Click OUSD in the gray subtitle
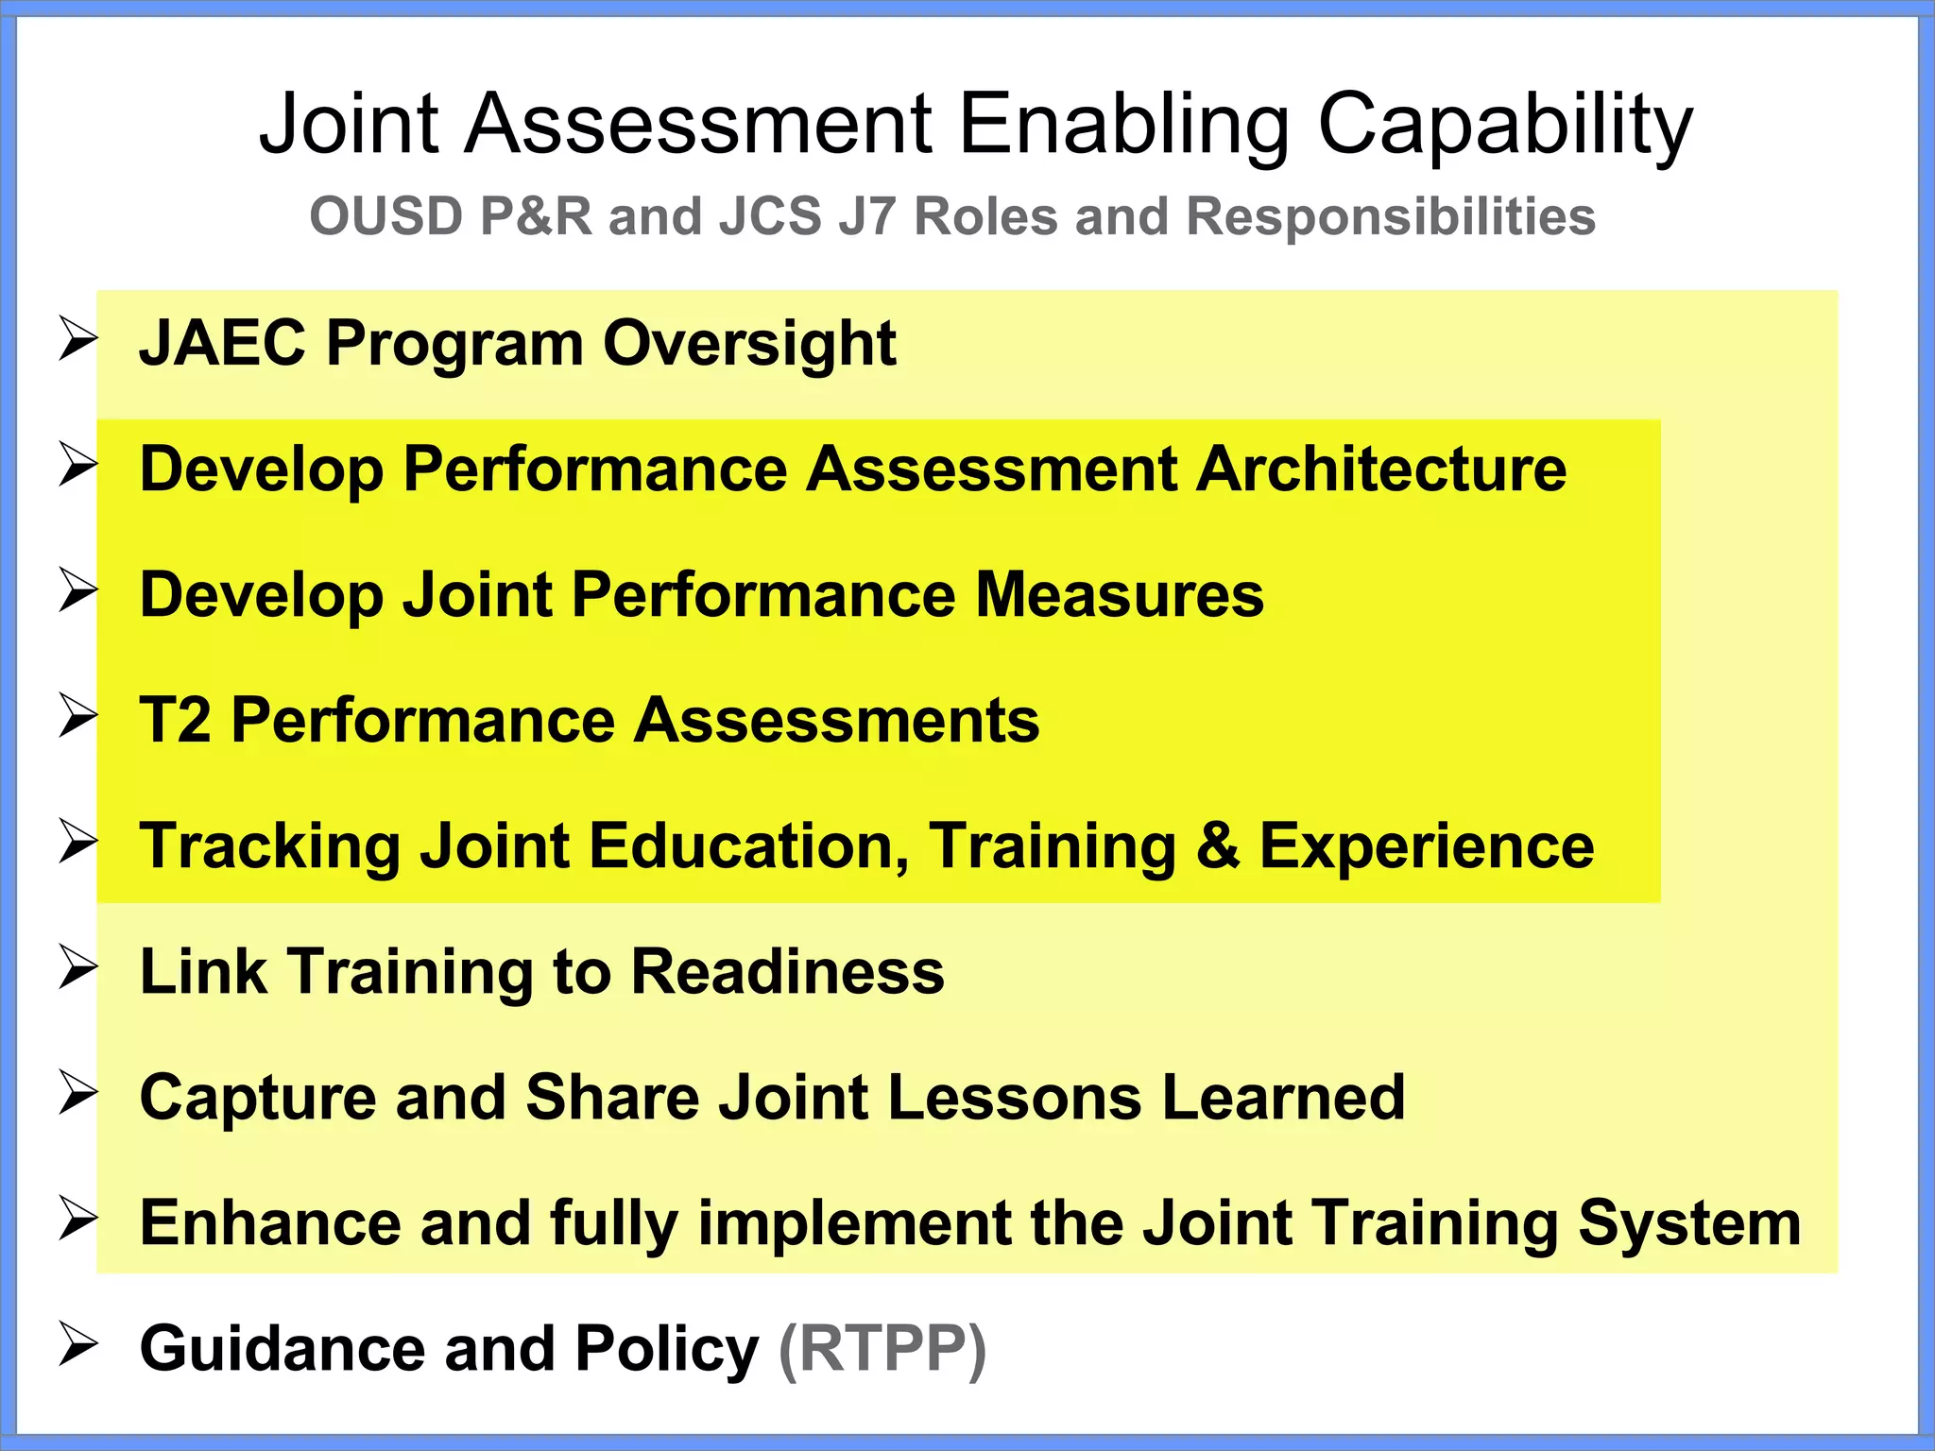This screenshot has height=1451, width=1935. (385, 216)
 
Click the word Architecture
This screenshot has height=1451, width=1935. (1381, 469)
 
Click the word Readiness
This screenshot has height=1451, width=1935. (787, 972)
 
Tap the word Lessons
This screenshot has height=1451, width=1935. (1014, 1098)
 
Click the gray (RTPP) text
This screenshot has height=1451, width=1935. (882, 1348)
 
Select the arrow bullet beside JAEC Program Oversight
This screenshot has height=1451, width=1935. (77, 339)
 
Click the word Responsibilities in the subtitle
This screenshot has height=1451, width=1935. (1391, 216)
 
